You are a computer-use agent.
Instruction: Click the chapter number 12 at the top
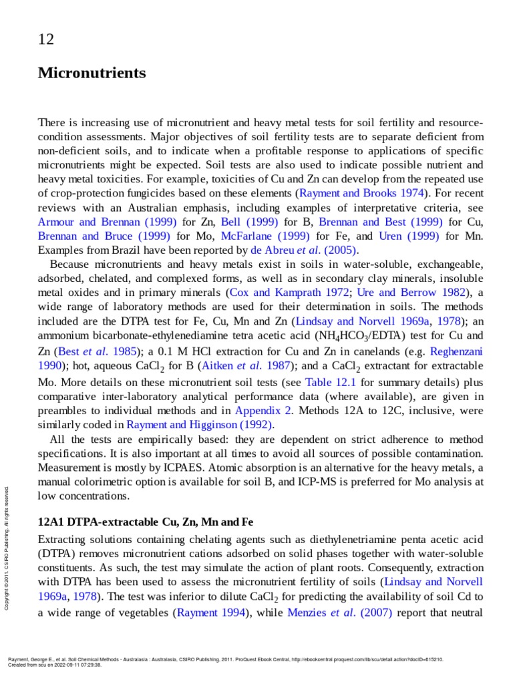coord(46,39)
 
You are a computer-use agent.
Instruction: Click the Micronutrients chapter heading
coord(92,72)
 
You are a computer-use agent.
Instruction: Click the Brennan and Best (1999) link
coord(379,222)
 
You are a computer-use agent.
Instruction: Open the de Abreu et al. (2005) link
coord(305,250)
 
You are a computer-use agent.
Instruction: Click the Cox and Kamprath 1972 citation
coord(289,292)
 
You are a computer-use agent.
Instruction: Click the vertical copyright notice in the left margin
coord(7,548)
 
